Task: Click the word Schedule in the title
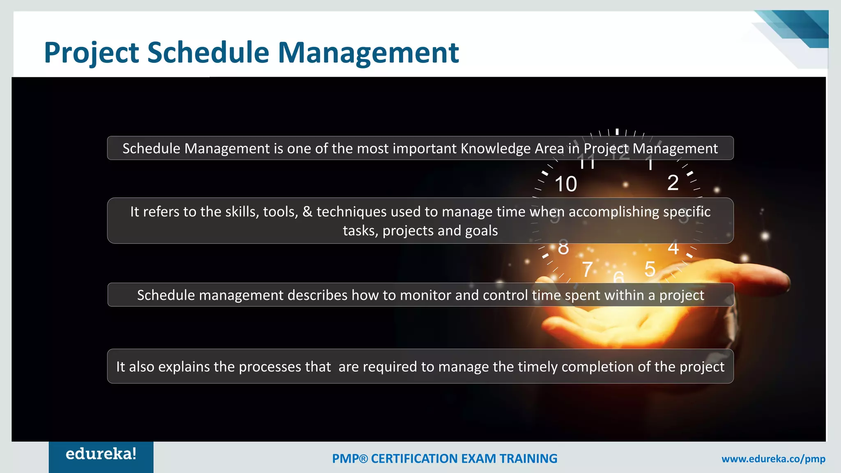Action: coord(208,53)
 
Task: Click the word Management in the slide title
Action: coord(368,53)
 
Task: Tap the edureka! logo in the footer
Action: coord(101,454)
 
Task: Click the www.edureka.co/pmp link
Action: coord(773,459)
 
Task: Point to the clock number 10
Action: coord(565,184)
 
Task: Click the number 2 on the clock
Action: coord(673,183)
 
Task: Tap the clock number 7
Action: coord(588,270)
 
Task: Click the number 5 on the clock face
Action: coord(650,269)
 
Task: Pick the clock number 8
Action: coord(563,248)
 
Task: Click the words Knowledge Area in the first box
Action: coord(512,148)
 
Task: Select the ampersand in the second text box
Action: coord(307,212)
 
